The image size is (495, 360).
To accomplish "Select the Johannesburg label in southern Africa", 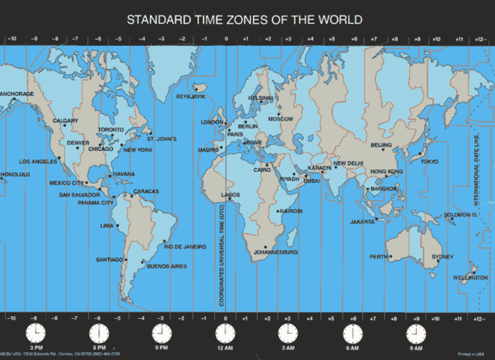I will coord(276,252).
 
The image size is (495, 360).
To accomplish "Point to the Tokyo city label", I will coord(428,161).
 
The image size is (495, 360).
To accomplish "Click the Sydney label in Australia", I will coord(442,256).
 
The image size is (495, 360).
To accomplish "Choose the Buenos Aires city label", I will coord(167,266).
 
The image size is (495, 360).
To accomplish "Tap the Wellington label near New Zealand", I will coord(471,277).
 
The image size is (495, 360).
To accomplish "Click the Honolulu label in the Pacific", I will coord(14,174).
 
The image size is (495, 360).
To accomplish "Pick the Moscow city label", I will coord(281,119).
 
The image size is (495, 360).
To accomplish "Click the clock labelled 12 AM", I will coord(224,334).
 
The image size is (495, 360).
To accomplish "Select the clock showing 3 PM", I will coord(35,334).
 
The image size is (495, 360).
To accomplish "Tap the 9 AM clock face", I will coord(415,334).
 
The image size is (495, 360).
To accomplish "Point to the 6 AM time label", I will coord(351,348).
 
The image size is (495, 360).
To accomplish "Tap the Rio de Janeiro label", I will coord(185,246).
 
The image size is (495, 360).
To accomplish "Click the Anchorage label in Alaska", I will coord(16,94).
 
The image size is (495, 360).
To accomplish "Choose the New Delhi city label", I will coord(348,163).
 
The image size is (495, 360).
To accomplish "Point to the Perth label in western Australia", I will coord(378,256).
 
